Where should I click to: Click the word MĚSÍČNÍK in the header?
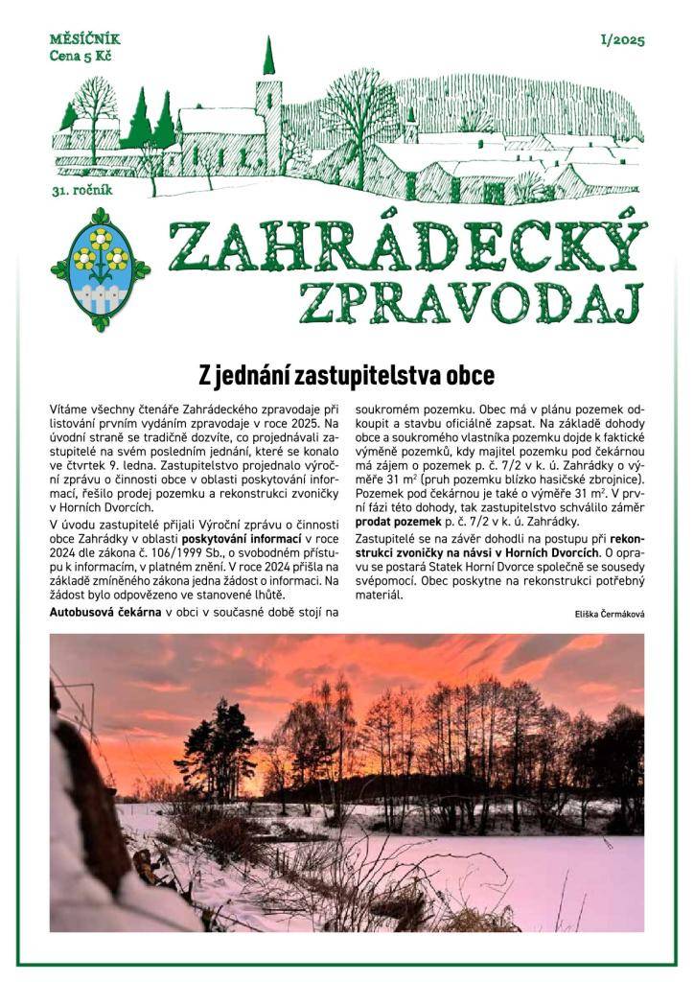click(x=85, y=39)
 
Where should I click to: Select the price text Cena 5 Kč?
click(x=79, y=56)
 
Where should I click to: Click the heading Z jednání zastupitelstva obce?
click(x=346, y=373)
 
